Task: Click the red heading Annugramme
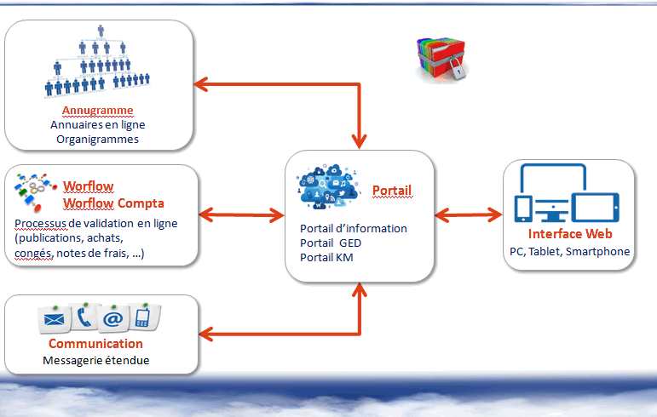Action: (98, 110)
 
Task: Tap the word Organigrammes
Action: (98, 140)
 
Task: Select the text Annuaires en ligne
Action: (98, 124)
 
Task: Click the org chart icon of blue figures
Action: (97, 61)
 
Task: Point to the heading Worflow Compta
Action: (113, 203)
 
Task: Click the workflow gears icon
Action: (35, 192)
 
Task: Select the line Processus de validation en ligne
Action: (96, 223)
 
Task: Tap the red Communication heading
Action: (95, 344)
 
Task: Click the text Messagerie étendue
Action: (96, 360)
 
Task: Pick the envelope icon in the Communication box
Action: (54, 319)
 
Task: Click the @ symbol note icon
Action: (113, 319)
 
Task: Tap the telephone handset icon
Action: (84, 317)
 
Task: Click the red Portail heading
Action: (392, 191)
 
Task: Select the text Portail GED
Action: (331, 243)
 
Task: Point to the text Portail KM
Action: (326, 257)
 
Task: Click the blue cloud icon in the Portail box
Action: (329, 186)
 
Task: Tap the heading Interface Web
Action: (570, 234)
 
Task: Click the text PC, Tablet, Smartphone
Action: (569, 251)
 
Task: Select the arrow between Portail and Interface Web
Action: (469, 215)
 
